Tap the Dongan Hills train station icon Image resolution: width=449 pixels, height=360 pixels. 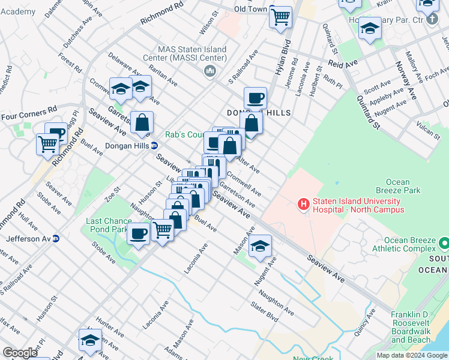click(x=154, y=145)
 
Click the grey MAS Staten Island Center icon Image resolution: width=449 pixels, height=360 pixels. click(x=210, y=72)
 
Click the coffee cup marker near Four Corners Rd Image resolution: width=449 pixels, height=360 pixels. click(x=57, y=133)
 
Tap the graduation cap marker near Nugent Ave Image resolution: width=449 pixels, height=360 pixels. click(x=260, y=246)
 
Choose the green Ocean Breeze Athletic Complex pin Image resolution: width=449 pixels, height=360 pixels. click(x=444, y=244)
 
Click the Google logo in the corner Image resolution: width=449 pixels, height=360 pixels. click(x=20, y=353)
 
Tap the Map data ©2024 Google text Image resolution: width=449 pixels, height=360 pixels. click(x=412, y=355)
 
